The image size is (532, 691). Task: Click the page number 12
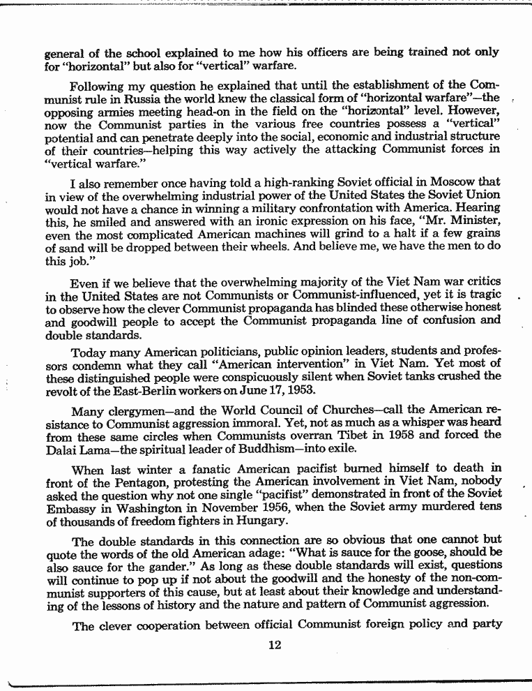(x=274, y=645)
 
